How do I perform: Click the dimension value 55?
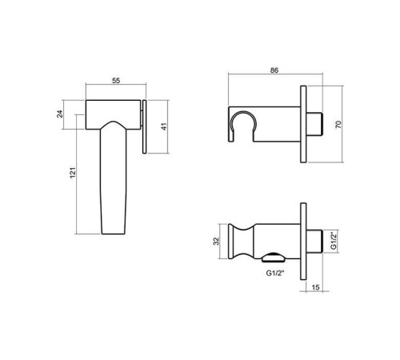[116, 81]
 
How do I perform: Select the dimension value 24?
[60, 114]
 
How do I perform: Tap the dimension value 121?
[73, 173]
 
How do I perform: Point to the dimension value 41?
[164, 126]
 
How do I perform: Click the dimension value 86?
[274, 70]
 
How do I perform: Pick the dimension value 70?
[338, 124]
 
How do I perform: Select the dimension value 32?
[217, 241]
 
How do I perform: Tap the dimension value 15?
[315, 287]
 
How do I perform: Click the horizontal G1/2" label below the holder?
[275, 274]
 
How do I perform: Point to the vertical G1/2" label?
[334, 241]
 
